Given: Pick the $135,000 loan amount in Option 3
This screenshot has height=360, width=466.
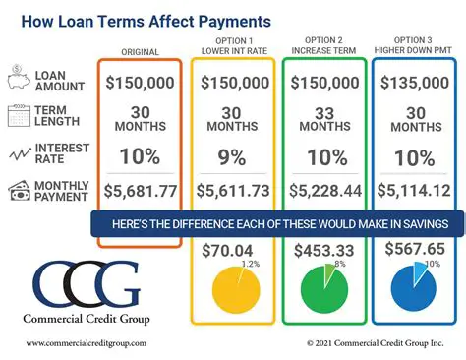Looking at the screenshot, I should click(417, 83).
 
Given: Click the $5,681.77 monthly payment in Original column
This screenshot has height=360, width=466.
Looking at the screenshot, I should click(139, 191).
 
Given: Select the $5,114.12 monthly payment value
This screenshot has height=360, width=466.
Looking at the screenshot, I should click(417, 191).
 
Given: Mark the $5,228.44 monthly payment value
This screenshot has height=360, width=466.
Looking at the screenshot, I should click(325, 191).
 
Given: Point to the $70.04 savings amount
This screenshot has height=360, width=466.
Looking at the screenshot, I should click(228, 251).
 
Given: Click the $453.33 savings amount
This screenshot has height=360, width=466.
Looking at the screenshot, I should click(324, 251).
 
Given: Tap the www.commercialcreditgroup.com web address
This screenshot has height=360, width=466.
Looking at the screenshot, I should click(86, 343).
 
